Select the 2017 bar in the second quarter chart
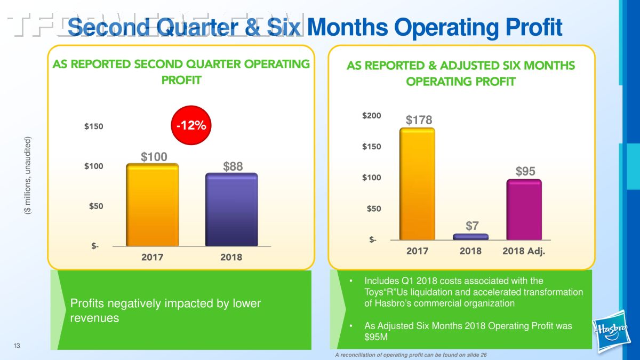(x=152, y=205)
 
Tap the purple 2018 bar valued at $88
(x=231, y=210)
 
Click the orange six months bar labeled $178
(x=417, y=184)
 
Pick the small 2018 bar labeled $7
(x=470, y=237)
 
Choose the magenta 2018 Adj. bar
(x=524, y=210)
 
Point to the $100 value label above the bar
(x=154, y=157)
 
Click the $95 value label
(x=525, y=171)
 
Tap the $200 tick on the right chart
(x=371, y=115)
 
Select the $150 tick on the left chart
(x=94, y=126)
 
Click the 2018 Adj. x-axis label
(x=524, y=251)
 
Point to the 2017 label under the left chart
(x=152, y=258)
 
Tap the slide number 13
(x=17, y=347)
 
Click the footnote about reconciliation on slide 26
(x=411, y=355)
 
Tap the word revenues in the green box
(x=95, y=318)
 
